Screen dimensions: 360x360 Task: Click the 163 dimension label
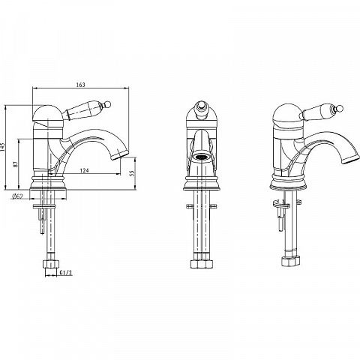pos(80,85)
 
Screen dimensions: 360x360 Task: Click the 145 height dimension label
pos(2,147)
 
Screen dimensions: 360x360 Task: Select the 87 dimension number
pos(16,164)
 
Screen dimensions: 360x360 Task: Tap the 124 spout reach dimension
pos(84,170)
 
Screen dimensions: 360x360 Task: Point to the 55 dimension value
pos(133,173)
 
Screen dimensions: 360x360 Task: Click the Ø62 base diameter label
pos(17,196)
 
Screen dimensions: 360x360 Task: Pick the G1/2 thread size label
pos(66,273)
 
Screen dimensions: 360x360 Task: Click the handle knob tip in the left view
pos(108,103)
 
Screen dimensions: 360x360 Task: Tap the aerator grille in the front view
pos(201,157)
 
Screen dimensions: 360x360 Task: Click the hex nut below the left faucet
pos(51,264)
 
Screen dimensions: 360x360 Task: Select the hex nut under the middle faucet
pos(202,264)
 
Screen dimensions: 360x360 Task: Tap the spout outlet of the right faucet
pos(351,159)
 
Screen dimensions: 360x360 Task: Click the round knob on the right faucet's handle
pos(340,109)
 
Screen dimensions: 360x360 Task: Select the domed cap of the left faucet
pos(48,115)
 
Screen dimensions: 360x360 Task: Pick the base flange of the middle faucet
pos(202,183)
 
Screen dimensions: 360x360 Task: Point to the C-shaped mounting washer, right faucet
pos(281,205)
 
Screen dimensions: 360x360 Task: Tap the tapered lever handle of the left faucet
pos(85,110)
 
